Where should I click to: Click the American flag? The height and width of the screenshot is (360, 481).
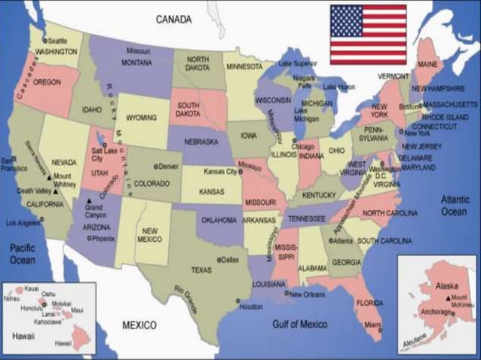(368, 35)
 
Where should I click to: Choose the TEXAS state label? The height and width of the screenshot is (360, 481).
(201, 270)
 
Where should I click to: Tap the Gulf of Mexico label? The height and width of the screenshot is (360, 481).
(299, 325)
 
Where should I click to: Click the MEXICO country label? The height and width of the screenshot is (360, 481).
(139, 325)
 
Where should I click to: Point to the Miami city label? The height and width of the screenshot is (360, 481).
(373, 326)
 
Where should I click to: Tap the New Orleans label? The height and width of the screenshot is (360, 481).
(308, 294)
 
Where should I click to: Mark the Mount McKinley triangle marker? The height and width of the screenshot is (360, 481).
(448, 298)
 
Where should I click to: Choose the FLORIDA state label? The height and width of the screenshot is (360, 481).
(369, 304)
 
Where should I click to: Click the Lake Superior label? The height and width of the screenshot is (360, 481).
(299, 63)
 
